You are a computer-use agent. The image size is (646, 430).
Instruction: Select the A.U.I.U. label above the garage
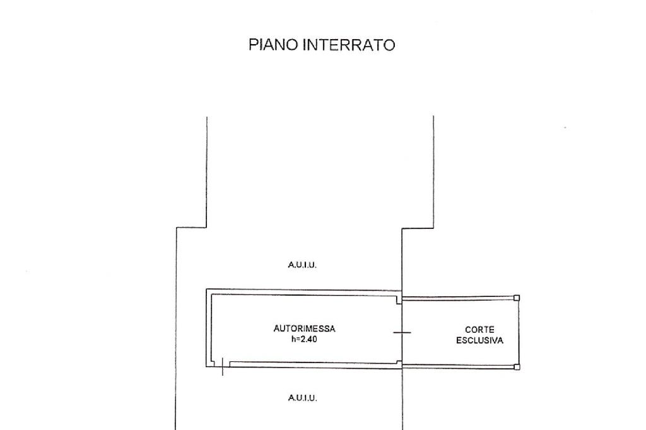302,265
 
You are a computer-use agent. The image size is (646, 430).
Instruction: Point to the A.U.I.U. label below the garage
302,398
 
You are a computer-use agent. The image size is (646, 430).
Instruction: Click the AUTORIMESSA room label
304,328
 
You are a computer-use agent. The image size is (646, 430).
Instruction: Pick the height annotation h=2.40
304,339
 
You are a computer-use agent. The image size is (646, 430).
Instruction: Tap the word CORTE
479,329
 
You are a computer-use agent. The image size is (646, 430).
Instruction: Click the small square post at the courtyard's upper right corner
517,298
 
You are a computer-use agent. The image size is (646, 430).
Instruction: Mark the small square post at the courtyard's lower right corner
517,367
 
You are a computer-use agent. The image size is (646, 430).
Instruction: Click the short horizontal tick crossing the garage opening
402,332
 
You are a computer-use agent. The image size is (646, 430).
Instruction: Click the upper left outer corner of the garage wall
207,289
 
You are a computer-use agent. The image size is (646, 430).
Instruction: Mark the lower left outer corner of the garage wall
207,366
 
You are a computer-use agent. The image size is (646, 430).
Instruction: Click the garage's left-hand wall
209,328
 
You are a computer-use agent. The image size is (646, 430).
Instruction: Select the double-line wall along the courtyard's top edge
459,298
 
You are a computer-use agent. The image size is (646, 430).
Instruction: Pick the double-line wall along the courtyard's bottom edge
459,366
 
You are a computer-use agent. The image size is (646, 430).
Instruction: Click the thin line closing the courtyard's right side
519,332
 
